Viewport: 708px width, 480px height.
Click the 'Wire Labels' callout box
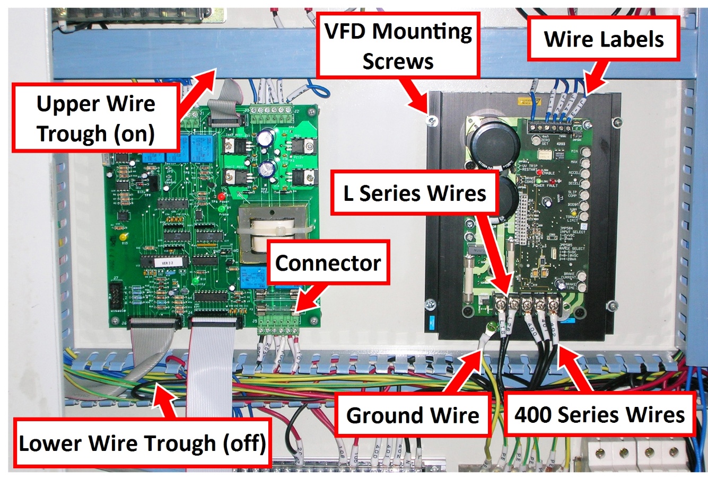pos(604,39)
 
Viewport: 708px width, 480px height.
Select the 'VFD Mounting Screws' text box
pos(398,47)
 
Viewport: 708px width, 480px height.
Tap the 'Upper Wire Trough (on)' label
pos(95,119)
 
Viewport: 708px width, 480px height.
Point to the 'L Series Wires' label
pos(415,193)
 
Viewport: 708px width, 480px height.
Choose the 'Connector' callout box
pos(328,262)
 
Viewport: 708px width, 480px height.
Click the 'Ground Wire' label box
pos(413,415)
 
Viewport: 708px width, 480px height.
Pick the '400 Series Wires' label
pos(600,414)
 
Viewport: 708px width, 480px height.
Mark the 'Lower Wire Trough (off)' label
pos(142,442)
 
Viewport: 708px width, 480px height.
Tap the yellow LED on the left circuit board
pos(123,237)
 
